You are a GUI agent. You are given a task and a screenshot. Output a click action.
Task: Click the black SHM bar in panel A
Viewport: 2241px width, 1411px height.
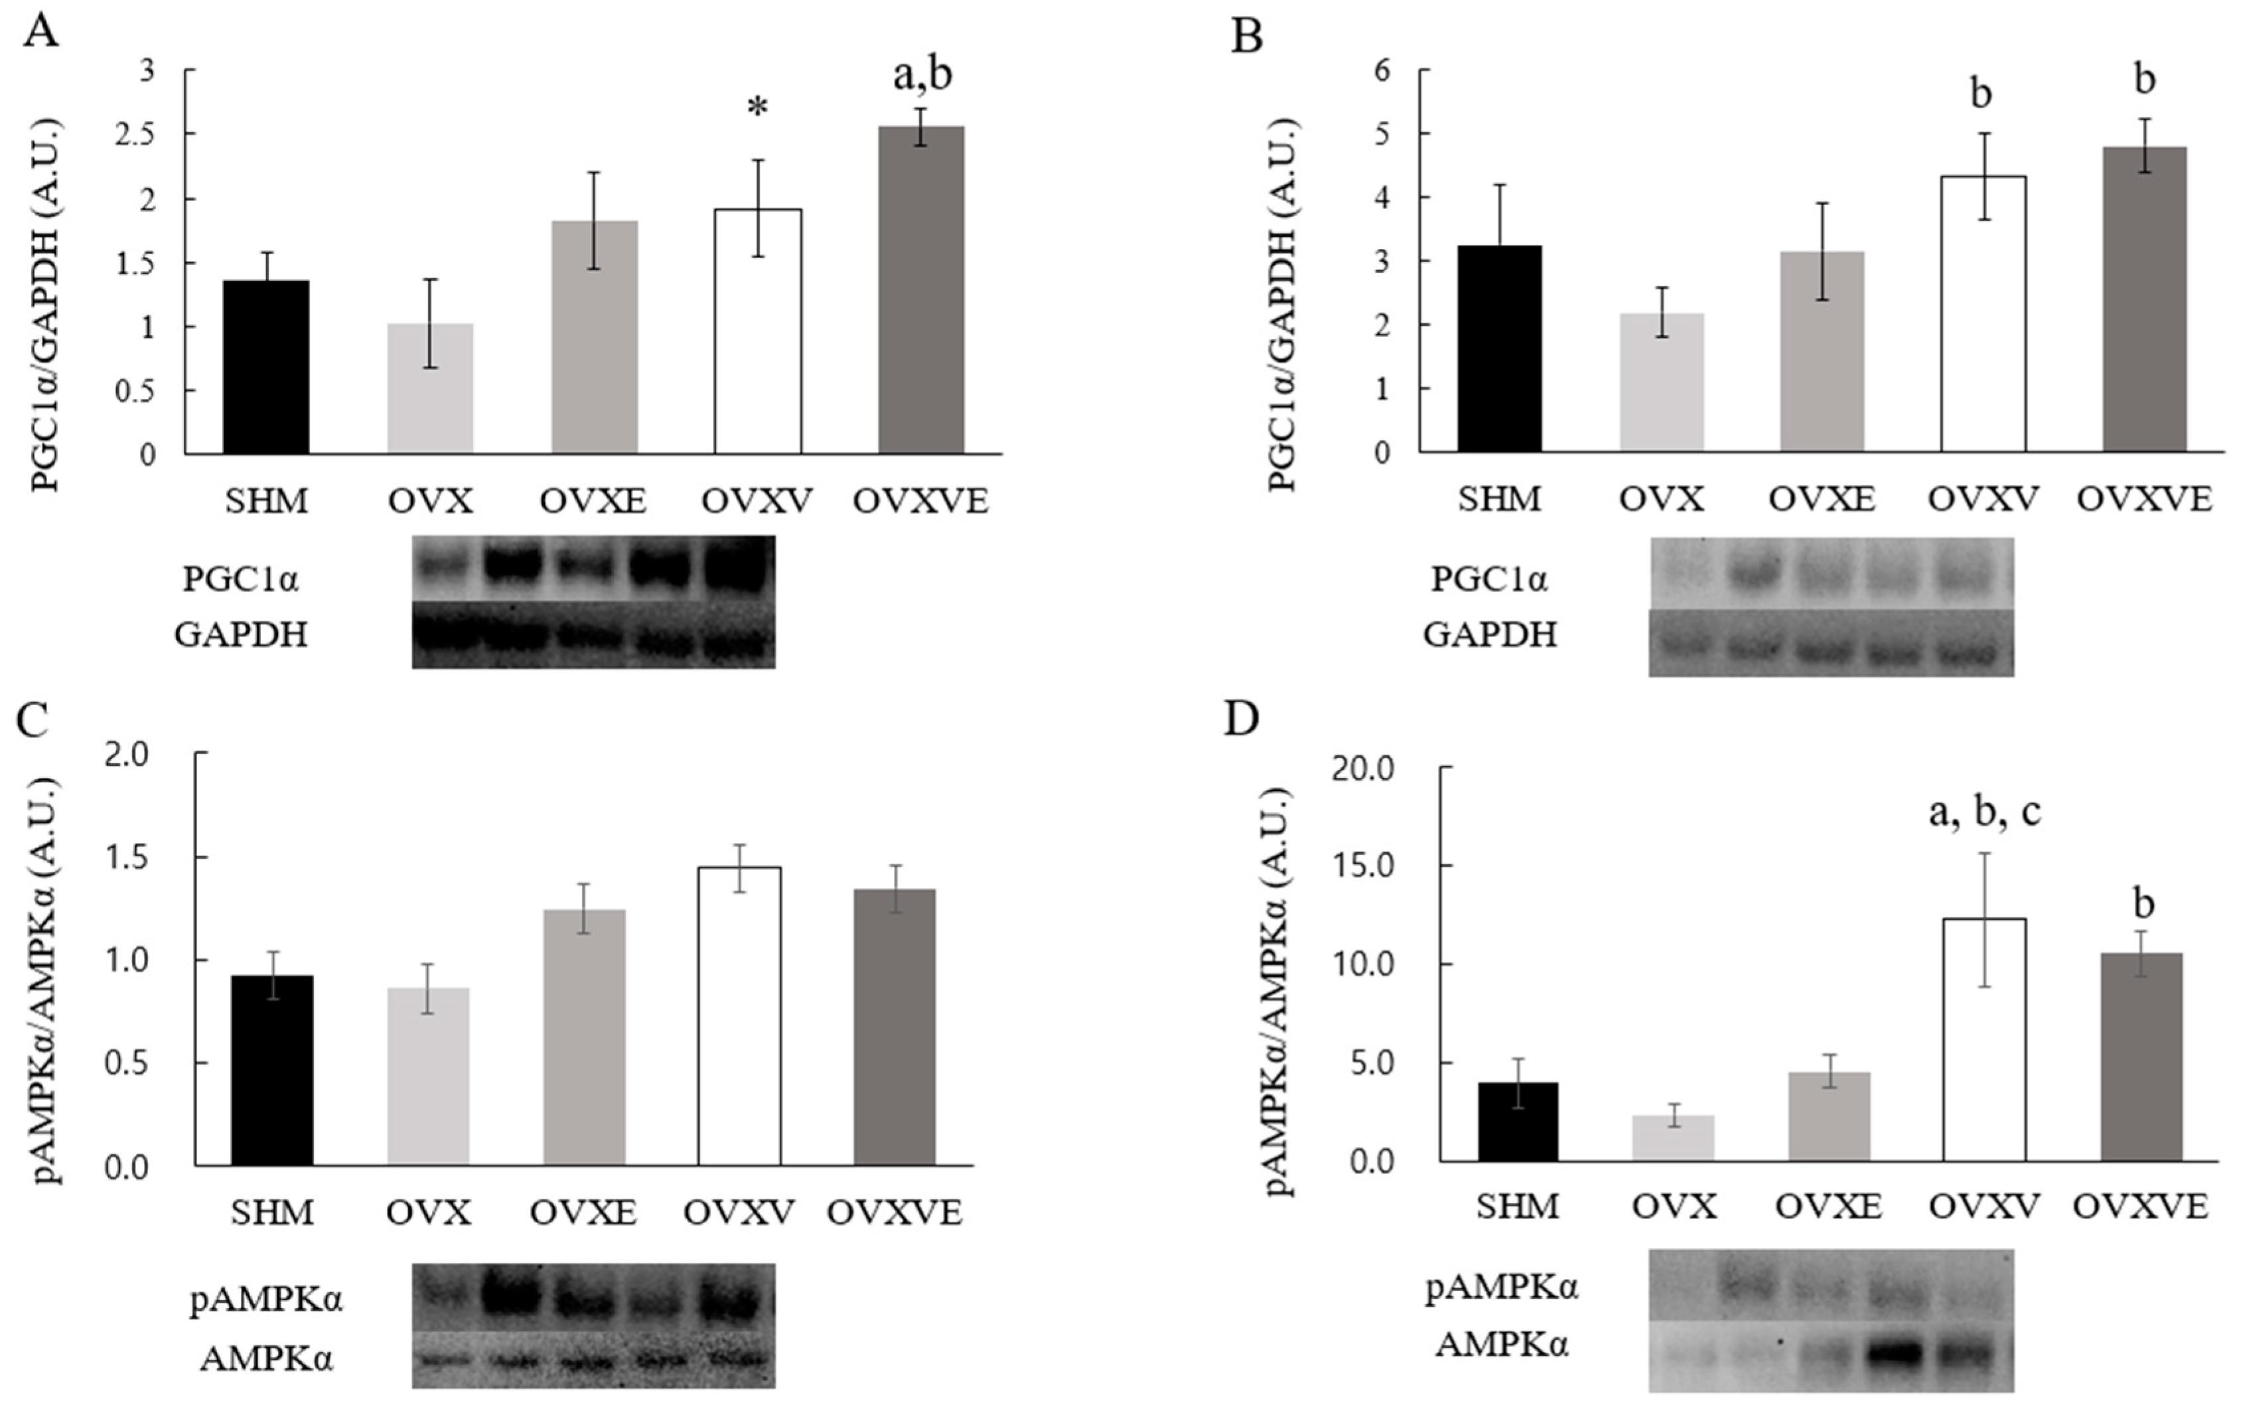tap(266, 368)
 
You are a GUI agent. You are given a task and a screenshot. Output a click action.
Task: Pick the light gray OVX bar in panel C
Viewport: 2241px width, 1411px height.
tap(428, 1076)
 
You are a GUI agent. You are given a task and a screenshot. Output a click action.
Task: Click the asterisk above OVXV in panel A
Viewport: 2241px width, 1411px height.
tap(758, 109)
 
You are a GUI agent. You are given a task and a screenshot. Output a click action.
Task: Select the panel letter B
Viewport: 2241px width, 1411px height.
tap(1247, 37)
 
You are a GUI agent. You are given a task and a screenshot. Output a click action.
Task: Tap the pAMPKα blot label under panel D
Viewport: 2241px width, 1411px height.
tap(1501, 1288)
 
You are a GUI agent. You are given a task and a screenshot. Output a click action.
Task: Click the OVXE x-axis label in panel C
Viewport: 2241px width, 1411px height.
tap(583, 1213)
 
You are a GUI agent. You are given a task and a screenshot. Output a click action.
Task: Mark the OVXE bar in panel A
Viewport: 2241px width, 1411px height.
tap(594, 337)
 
